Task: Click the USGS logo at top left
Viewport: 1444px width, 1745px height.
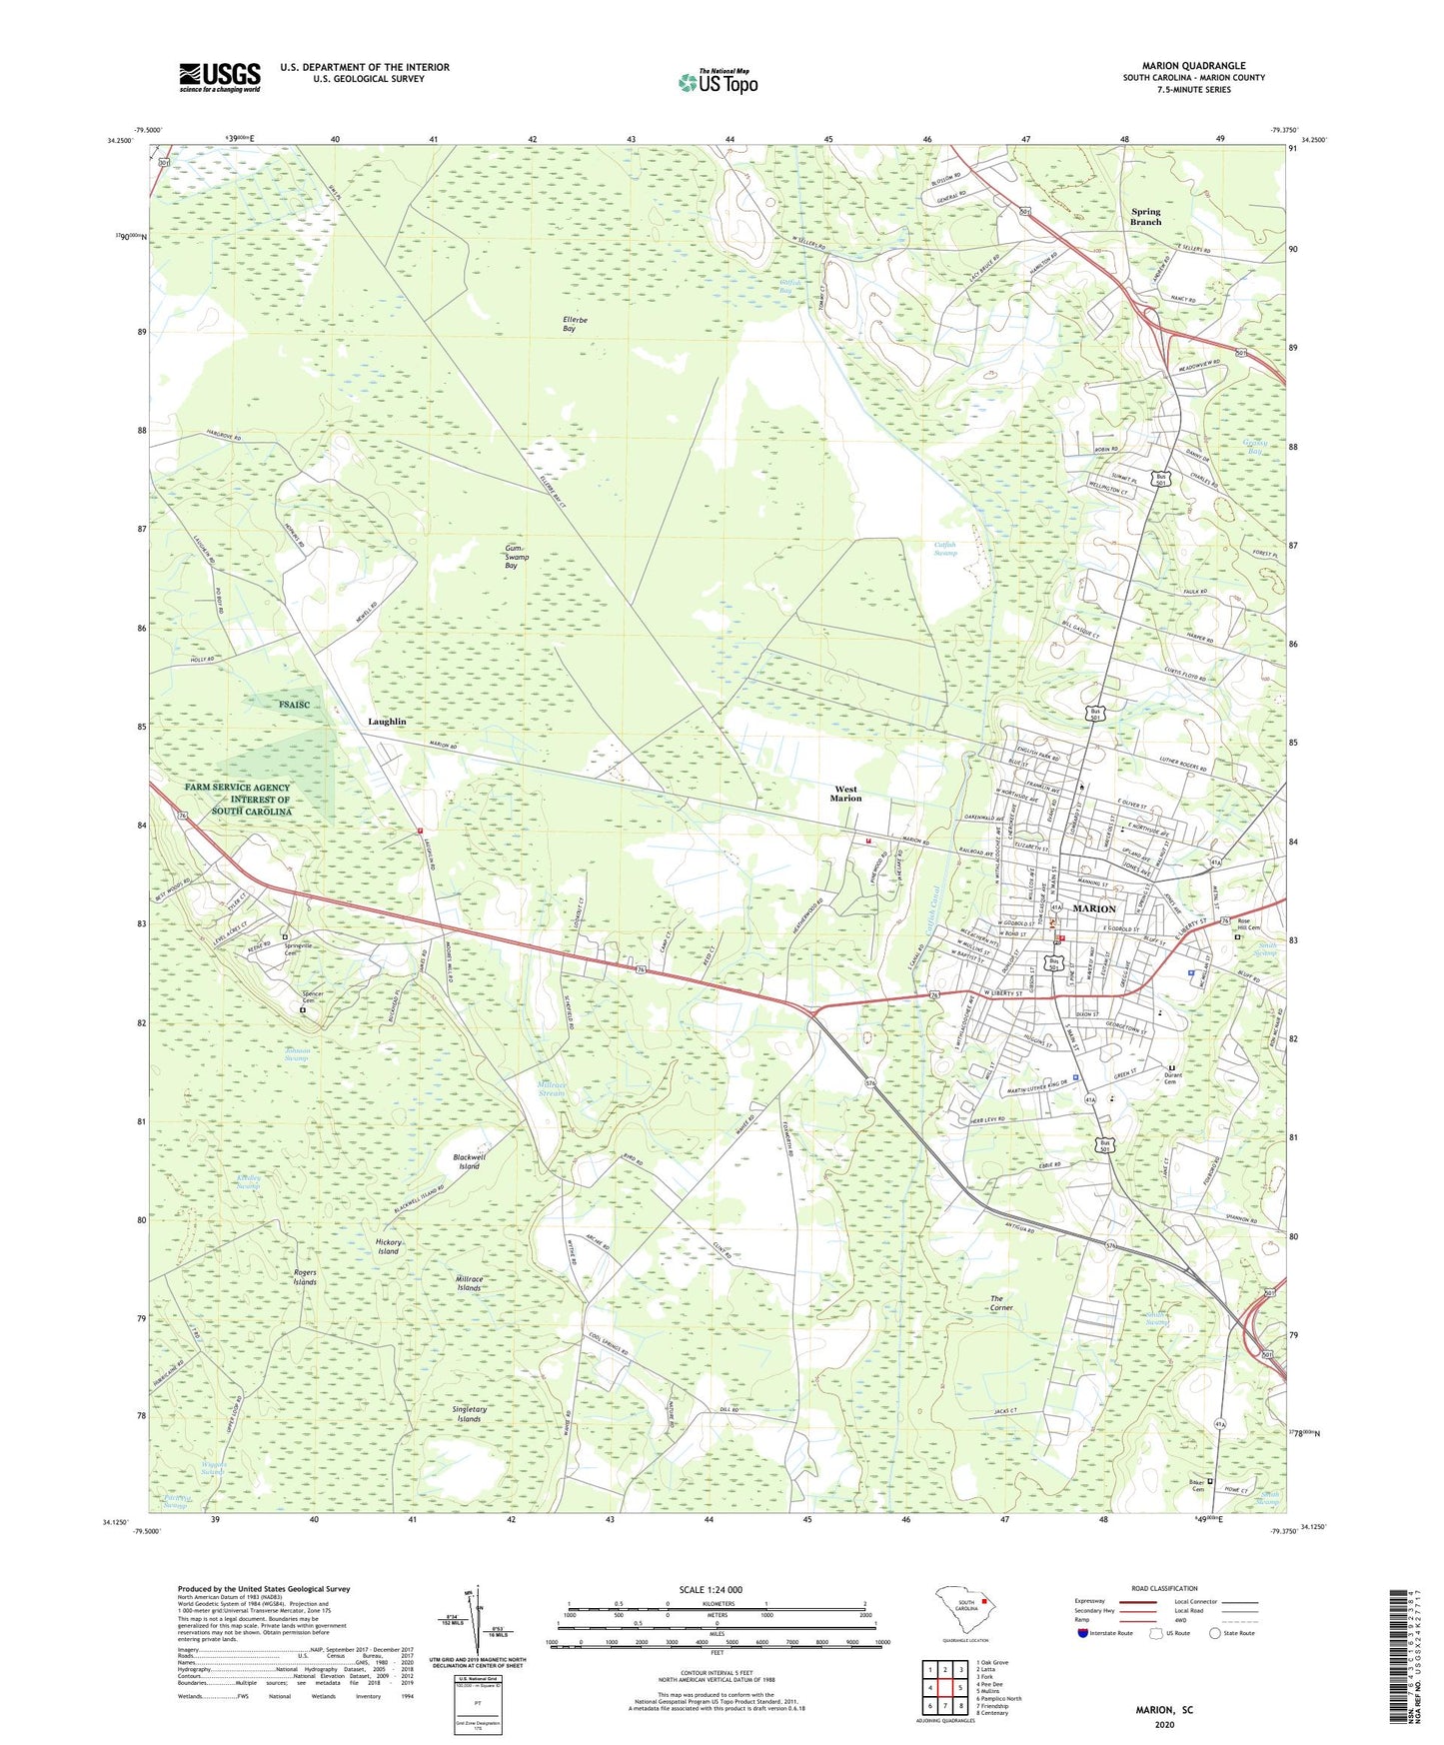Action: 219,77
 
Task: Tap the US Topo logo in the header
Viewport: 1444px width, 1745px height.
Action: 718,82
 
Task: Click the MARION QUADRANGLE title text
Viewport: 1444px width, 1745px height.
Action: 1193,66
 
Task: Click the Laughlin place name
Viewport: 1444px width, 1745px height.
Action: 387,721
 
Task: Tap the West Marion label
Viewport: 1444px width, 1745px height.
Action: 845,794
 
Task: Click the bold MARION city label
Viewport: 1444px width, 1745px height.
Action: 1093,908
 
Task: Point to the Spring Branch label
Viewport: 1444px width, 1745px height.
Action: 1145,216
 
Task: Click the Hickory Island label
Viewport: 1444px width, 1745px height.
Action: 388,1246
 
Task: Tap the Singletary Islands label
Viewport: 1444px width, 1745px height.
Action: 469,1414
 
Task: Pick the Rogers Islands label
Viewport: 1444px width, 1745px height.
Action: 305,1277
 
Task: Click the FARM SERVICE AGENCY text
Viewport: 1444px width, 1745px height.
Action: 237,788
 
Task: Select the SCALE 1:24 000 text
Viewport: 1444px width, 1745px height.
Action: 711,1589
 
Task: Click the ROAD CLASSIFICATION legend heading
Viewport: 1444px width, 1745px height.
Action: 1163,1588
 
